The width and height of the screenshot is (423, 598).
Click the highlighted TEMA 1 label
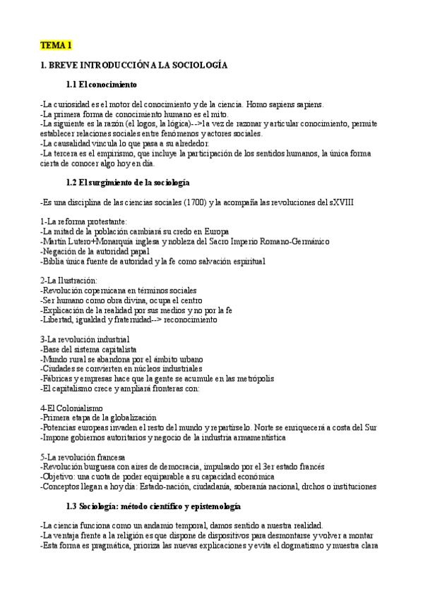click(x=56, y=45)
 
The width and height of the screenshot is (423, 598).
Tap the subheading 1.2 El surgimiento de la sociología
click(x=127, y=183)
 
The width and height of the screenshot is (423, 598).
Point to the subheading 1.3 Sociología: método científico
click(x=153, y=506)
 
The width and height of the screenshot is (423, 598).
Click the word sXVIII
click(x=340, y=202)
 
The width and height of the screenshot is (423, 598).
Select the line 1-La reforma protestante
click(x=83, y=221)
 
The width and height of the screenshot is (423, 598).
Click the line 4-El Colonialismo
click(x=72, y=408)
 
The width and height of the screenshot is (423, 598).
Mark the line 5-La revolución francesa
click(x=83, y=457)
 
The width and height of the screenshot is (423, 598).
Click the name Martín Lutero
click(x=66, y=241)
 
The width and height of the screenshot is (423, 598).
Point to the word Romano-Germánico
click(x=288, y=241)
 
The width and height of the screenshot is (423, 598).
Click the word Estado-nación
click(x=185, y=487)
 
